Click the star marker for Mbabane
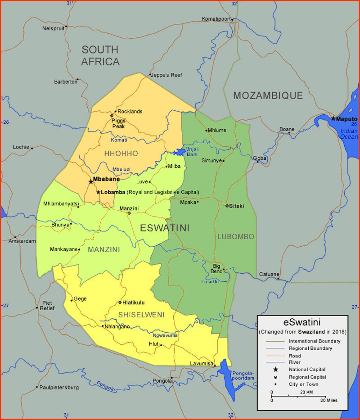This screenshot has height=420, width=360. coord(91,182)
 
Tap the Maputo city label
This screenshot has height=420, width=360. coord(346,119)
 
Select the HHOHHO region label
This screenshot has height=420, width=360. coord(121,154)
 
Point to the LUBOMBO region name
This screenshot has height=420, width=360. coord(236,236)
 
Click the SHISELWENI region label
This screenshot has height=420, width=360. coord(141,314)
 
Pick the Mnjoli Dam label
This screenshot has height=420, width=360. coord(192,151)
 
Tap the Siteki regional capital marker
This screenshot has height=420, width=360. coord(227,206)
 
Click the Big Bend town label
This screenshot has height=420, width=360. coord(217,269)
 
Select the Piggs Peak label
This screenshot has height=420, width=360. coord(119,123)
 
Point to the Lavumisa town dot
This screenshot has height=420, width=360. coord(215,366)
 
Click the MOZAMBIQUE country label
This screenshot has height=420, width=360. coord(268,95)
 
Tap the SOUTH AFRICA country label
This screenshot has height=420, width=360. coord(100,55)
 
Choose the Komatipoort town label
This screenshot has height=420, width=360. coord(216,19)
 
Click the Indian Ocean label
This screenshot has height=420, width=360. coord(349,134)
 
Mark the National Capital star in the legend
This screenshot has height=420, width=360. coord(275,369)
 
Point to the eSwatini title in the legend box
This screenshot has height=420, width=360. coord(301,323)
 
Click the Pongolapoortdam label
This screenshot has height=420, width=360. coord(243,375)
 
